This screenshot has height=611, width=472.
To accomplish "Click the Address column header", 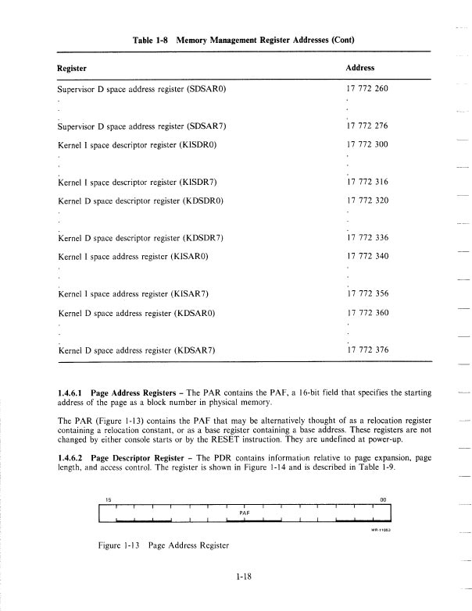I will pyautogui.click(x=361, y=68).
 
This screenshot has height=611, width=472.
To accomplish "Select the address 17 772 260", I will pyautogui.click(x=367, y=89).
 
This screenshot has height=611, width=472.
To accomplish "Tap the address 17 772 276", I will pyautogui.click(x=367, y=126).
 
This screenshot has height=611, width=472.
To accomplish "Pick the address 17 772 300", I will pyautogui.click(x=367, y=145).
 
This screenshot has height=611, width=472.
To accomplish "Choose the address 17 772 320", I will pyautogui.click(x=367, y=201).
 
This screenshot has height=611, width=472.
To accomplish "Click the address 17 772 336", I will pyautogui.click(x=367, y=237).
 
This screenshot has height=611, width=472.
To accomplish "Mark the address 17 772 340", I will pyautogui.click(x=367, y=256).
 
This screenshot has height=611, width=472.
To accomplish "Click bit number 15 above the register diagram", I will pyautogui.click(x=107, y=501).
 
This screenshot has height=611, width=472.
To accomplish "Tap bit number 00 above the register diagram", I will pyautogui.click(x=383, y=501).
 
